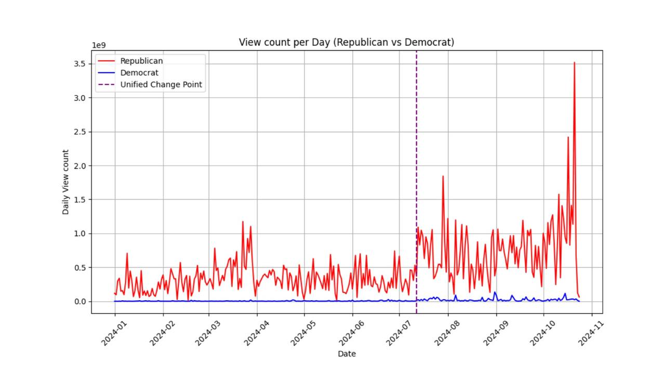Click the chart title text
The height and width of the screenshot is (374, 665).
click(347, 42)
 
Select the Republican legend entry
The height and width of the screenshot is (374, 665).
click(141, 61)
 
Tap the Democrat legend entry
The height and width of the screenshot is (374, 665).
click(139, 73)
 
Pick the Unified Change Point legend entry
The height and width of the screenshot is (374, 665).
click(161, 84)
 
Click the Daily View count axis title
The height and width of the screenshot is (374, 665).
click(65, 182)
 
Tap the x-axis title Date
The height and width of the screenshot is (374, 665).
click(347, 354)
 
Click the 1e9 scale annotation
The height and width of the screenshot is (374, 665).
click(99, 45)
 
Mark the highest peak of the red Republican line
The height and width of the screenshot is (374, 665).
click(574, 63)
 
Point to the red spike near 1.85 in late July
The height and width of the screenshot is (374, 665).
click(443, 176)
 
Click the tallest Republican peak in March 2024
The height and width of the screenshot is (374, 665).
click(243, 222)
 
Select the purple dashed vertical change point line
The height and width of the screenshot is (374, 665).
click(416, 156)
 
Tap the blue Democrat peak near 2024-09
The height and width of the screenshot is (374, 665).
click(495, 292)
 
